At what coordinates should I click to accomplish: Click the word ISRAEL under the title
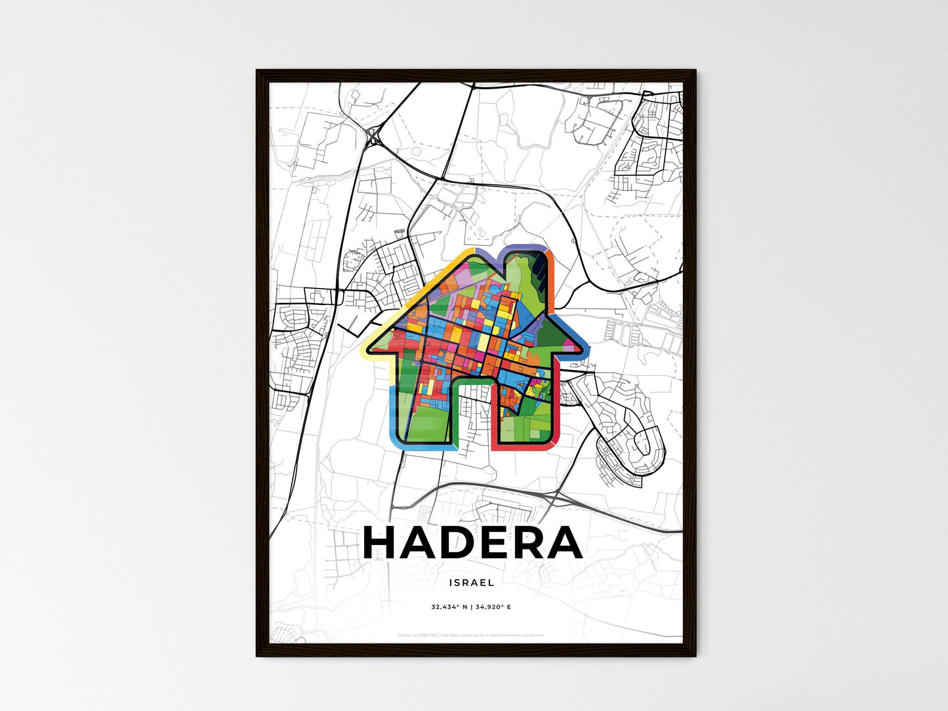[472, 582]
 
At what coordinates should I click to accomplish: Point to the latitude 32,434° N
[449, 607]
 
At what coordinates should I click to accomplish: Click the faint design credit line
[471, 635]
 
